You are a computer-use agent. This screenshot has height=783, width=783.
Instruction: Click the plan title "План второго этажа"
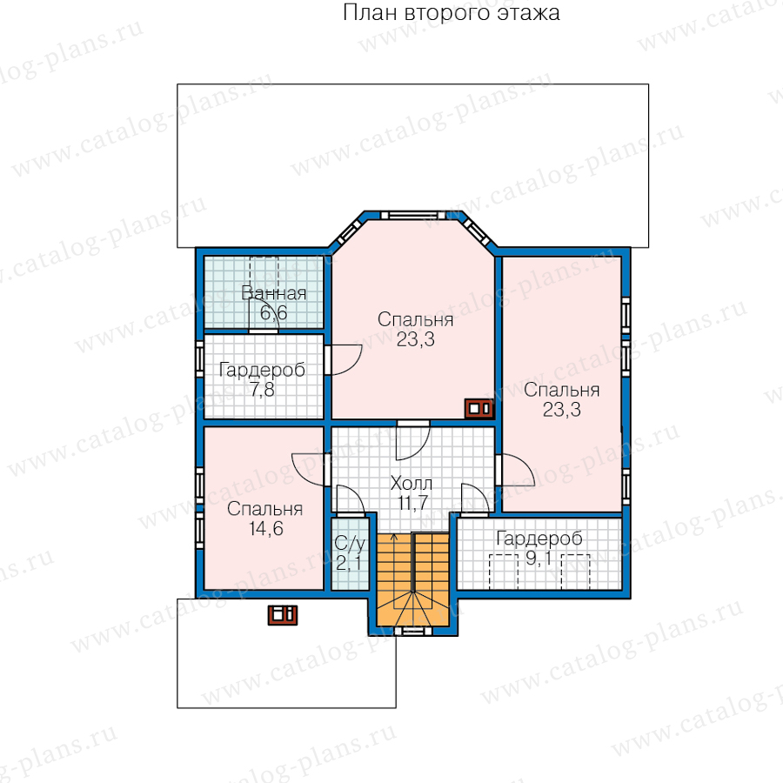(x=451, y=13)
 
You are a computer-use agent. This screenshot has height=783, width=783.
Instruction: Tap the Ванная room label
(x=274, y=293)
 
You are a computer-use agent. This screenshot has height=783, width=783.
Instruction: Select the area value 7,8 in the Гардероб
(x=262, y=390)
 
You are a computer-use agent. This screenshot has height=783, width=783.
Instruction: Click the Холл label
(x=411, y=483)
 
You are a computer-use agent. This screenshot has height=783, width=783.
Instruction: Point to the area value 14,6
(x=266, y=528)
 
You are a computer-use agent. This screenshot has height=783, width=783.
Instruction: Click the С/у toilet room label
(x=350, y=543)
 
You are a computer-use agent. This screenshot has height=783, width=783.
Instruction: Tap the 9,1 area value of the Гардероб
(x=539, y=559)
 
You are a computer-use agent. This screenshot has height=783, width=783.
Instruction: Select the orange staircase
(x=413, y=579)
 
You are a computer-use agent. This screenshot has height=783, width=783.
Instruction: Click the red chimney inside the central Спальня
(x=479, y=409)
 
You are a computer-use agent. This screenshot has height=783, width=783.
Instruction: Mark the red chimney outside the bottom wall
(x=283, y=615)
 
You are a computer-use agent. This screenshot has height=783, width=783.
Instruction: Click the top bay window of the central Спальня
(x=412, y=215)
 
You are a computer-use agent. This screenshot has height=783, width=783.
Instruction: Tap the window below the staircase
(x=413, y=632)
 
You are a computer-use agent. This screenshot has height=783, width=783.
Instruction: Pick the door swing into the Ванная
(x=264, y=315)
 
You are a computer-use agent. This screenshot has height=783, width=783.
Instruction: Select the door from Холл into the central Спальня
(x=413, y=440)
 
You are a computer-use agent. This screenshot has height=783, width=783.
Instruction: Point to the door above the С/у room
(x=351, y=500)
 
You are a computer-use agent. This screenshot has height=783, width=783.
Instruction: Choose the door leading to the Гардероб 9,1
(x=475, y=499)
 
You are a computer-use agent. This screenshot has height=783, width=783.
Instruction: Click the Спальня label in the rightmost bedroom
(x=562, y=390)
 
